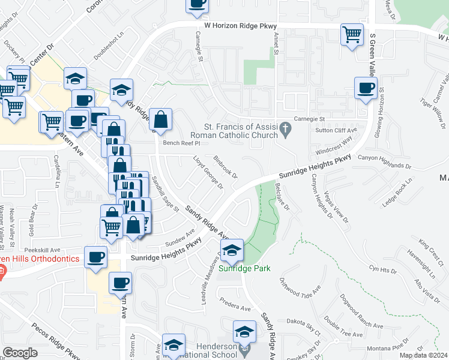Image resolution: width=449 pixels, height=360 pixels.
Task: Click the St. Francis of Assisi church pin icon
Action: tap(286, 128)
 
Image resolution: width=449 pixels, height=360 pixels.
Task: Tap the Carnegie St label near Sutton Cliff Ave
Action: tap(308, 119)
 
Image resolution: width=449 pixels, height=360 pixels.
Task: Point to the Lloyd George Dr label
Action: tap(208, 173)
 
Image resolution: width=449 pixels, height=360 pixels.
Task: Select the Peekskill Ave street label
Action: tap(43, 250)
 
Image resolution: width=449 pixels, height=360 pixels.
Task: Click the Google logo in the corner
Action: tap(20, 353)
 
